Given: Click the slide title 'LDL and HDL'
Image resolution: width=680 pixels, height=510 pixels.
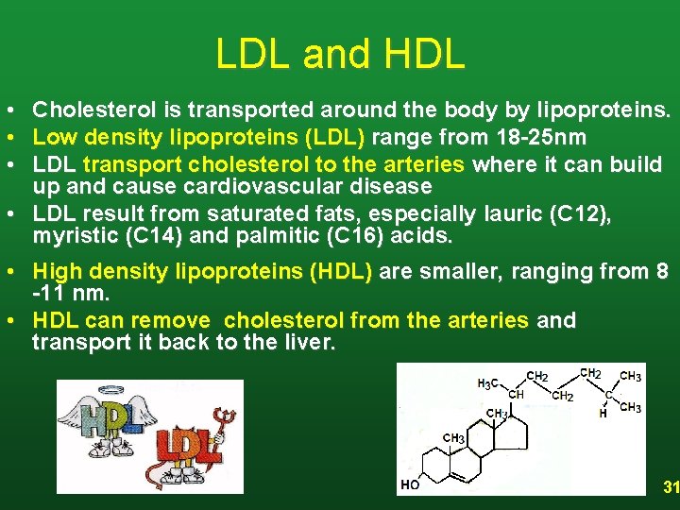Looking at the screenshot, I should coord(340,54).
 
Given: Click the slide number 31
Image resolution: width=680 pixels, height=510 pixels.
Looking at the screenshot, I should coord(670,487).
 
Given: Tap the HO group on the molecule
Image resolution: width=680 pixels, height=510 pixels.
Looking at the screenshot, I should coord(410,485).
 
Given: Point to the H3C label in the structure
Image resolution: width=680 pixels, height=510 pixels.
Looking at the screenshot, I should coord(487,383).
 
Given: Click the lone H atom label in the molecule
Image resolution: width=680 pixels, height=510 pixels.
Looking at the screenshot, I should coord(603,413).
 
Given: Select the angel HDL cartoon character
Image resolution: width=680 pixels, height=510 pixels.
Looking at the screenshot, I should coord(99,420).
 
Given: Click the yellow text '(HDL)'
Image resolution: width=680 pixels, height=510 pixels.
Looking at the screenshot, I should coord(340,273).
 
